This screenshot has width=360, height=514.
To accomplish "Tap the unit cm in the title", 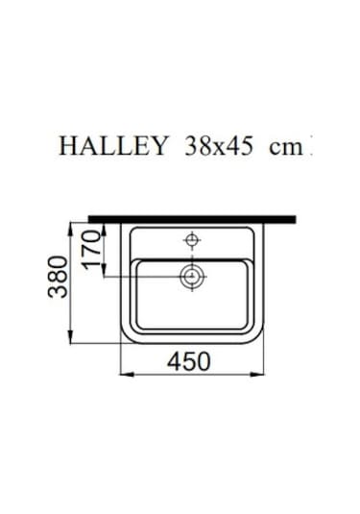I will point(284,146).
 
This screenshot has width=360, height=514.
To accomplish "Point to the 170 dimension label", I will point(92,248).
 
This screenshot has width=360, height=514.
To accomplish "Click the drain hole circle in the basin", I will point(193,278).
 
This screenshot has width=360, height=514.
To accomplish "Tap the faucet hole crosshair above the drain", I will point(192,237).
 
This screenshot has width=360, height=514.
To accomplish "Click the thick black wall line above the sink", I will point(191,219).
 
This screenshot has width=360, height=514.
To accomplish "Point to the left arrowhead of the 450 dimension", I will point(123,374).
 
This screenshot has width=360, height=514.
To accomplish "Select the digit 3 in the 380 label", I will point(60,290).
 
